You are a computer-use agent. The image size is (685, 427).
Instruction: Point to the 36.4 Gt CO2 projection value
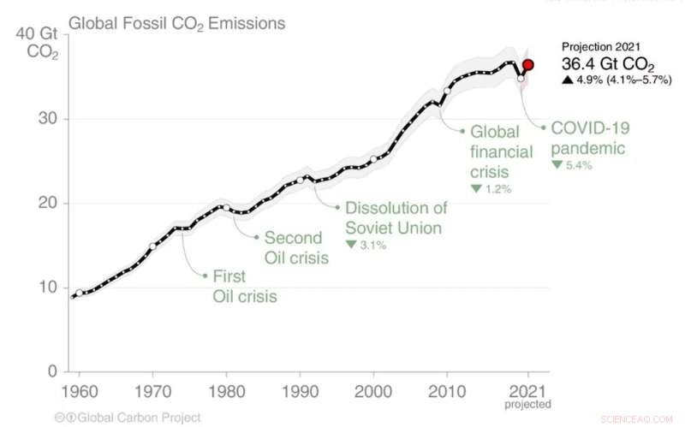coord(609,63)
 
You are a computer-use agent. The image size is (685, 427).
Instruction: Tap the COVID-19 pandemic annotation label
coord(589,138)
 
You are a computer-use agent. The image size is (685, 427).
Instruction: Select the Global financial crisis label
coord(495,151)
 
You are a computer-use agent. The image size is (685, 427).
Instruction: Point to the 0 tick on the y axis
coord(51,371)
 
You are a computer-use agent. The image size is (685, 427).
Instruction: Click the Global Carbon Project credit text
coord(128,418)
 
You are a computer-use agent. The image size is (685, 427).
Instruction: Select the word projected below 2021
coord(528,403)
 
